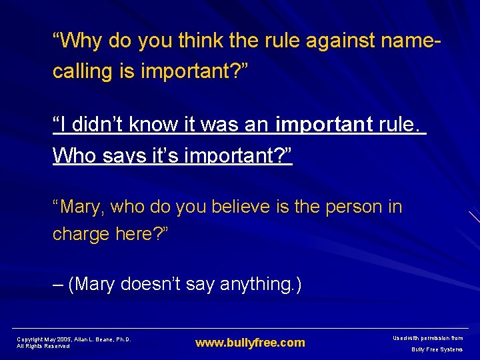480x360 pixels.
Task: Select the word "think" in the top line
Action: coord(201,41)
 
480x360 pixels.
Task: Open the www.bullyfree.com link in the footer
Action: coord(250,343)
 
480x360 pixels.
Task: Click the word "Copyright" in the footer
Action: coord(29,339)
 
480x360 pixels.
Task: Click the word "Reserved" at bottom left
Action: coord(56,346)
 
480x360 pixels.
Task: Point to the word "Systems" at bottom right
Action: coord(451,349)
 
